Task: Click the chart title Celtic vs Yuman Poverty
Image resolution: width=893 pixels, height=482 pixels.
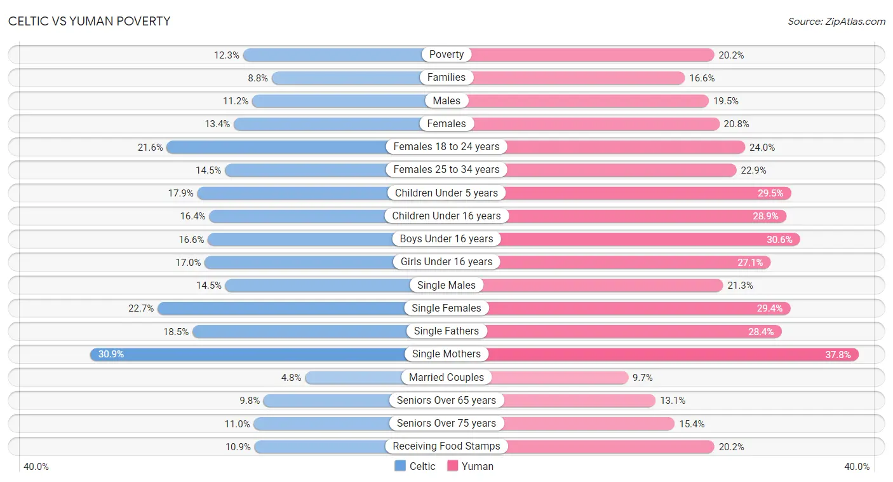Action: pyautogui.click(x=90, y=21)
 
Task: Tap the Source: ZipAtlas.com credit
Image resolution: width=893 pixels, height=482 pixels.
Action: pyautogui.click(x=836, y=22)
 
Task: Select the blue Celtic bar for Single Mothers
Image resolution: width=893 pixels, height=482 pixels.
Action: pyautogui.click(x=248, y=354)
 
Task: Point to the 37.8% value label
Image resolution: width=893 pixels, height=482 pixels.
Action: pyautogui.click(x=838, y=355)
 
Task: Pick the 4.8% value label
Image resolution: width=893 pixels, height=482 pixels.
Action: pyautogui.click(x=291, y=378)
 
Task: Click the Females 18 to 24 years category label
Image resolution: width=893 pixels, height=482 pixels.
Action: pyautogui.click(x=446, y=147)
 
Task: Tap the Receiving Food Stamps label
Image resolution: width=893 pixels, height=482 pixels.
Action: pyautogui.click(x=446, y=446)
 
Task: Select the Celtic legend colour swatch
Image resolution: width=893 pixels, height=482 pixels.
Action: pyautogui.click(x=400, y=465)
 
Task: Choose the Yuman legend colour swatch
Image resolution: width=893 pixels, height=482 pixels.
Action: pyautogui.click(x=452, y=465)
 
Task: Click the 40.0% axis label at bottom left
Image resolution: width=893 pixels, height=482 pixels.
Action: pyautogui.click(x=36, y=467)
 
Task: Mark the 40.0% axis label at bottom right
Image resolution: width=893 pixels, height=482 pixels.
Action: pyautogui.click(x=857, y=467)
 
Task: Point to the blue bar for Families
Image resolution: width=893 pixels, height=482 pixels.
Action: pyautogui.click(x=346, y=78)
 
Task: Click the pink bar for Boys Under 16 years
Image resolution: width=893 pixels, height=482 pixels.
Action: pyautogui.click(x=650, y=239)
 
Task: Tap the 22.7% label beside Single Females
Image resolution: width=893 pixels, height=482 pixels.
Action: pyautogui.click(x=141, y=308)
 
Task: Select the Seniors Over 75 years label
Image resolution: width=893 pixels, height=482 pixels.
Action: pyautogui.click(x=446, y=423)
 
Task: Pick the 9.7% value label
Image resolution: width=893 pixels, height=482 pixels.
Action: pyautogui.click(x=643, y=378)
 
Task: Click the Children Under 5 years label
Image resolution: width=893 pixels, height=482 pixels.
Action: pyautogui.click(x=446, y=193)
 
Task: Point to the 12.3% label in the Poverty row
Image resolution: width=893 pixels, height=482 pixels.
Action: pyautogui.click(x=227, y=55)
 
